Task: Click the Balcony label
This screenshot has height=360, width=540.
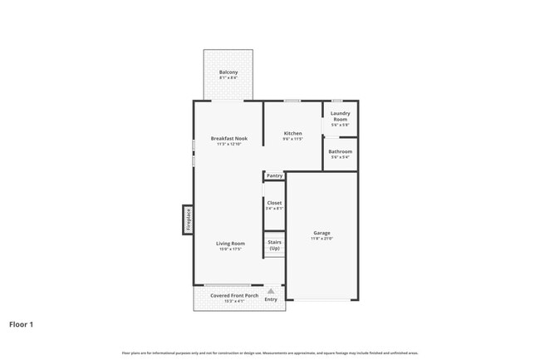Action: pos(228,72)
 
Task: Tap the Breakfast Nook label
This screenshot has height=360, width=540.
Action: pos(228,138)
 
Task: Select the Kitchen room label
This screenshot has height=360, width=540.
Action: pos(292,133)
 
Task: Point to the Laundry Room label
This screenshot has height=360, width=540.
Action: pos(340,116)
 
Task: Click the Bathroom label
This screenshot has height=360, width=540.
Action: pos(340,151)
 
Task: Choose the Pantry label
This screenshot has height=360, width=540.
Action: pos(275,176)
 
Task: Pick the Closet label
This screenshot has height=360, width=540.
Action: pos(274,202)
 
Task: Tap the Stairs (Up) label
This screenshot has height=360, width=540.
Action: pos(274,245)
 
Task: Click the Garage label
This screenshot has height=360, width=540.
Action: pos(322,232)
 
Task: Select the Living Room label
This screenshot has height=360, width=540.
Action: pos(230,243)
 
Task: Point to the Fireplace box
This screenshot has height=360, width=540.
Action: pos(189,219)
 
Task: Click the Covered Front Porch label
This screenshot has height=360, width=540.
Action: pos(233,295)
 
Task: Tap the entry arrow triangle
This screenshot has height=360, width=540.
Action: pos(271,291)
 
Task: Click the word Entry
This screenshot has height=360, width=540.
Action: pos(271,299)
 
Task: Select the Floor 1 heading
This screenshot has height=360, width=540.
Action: pos(22,324)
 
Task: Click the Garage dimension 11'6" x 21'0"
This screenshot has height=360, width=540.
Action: pos(322,239)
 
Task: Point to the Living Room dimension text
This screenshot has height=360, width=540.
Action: pos(230,249)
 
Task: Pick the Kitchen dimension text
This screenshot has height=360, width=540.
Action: pos(292,139)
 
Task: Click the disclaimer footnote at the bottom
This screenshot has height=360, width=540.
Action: pos(269,353)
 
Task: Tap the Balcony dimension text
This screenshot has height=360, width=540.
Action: pos(228,78)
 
